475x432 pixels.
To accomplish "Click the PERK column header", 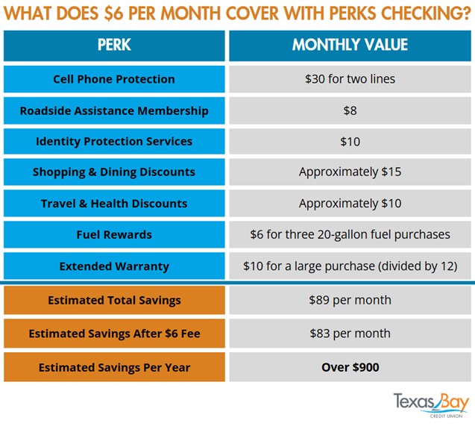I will (114, 45).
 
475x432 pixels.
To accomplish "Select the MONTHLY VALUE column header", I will (350, 45).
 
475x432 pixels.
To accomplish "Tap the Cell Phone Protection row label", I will (114, 79).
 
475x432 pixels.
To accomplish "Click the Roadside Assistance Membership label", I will (114, 110).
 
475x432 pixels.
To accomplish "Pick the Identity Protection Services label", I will (114, 141).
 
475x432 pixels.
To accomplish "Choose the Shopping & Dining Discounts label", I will (114, 172).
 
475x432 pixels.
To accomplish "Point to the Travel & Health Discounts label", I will (114, 204).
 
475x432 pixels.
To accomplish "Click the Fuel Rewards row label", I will (114, 235).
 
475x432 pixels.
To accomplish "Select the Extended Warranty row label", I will (114, 266).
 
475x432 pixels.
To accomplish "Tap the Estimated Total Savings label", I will (114, 301).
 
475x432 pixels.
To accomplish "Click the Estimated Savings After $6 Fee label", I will (114, 334).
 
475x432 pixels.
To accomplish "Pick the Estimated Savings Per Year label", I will (114, 367).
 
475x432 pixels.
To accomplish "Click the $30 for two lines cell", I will (350, 79).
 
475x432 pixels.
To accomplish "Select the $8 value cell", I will (350, 110).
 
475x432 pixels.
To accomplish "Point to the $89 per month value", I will (350, 301).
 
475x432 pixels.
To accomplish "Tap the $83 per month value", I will (350, 334).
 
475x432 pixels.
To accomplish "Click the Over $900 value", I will (350, 367).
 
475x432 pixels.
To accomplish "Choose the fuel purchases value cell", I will (350, 235).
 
